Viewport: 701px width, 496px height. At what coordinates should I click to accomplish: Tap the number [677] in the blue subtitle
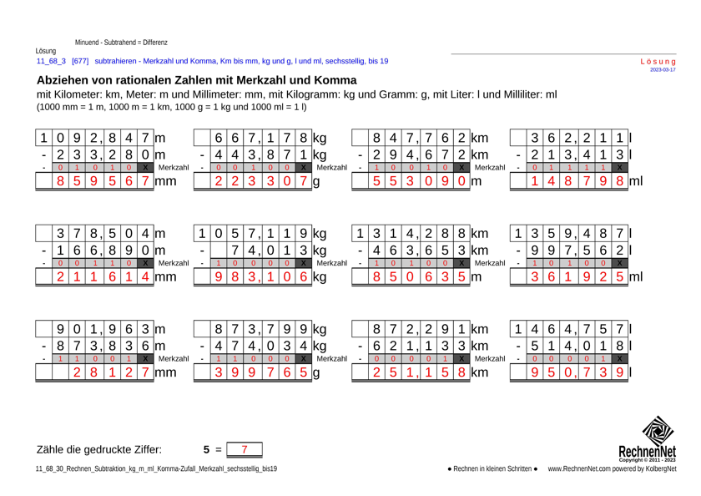pyautogui.click(x=80, y=61)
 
